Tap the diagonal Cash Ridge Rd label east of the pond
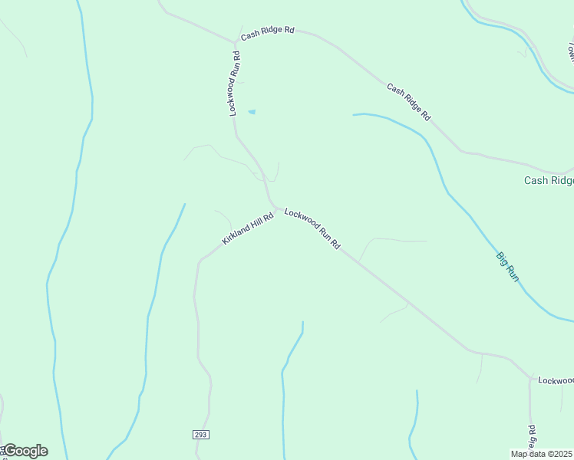coord(408,101)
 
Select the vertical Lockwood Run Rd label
coord(235,84)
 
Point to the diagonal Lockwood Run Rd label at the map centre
coord(312,228)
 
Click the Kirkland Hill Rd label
coord(248,228)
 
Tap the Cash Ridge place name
coord(548,181)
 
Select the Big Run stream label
coord(507,266)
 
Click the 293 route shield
coord(200,435)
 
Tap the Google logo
coord(25,451)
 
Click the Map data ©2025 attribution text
coord(542,454)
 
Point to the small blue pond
coord(251,112)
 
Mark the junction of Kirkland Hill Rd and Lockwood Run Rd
coord(276,209)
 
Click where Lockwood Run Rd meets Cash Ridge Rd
coord(235,41)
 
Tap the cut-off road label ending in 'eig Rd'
coord(531,438)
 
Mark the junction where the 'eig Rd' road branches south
coord(529,377)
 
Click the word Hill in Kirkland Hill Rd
coord(255,222)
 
